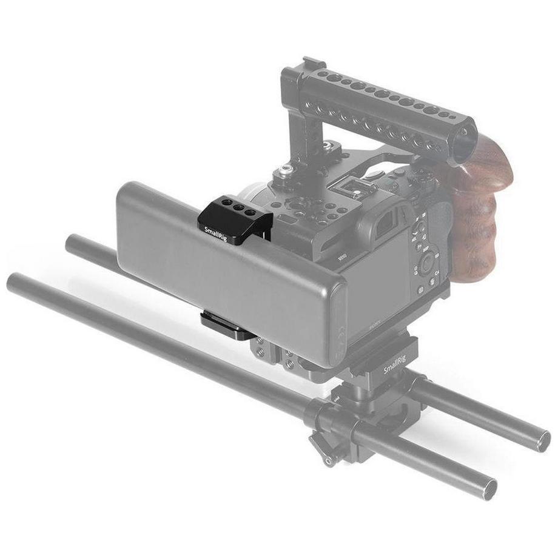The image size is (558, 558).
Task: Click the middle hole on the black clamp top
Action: (x=235, y=206)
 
